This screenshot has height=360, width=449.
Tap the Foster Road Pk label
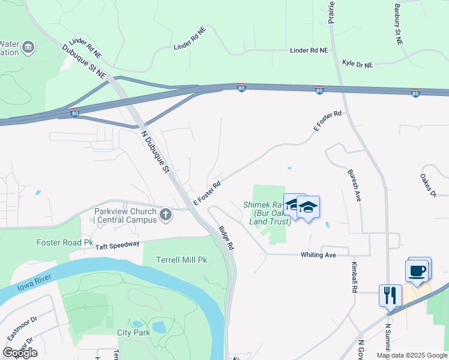[x=65, y=243]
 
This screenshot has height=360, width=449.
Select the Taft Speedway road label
[x=117, y=245]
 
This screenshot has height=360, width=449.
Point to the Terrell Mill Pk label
[x=181, y=260]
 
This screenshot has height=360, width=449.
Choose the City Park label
[x=133, y=332]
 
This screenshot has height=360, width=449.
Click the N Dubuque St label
[x=154, y=152]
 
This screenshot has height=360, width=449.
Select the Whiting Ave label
[x=318, y=255]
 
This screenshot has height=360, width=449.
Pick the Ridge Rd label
[x=226, y=238]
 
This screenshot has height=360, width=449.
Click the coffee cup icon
[x=418, y=271]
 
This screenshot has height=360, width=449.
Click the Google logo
[x=20, y=353]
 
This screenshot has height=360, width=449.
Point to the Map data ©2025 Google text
[x=411, y=355]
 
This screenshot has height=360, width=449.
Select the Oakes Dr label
[x=428, y=185]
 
